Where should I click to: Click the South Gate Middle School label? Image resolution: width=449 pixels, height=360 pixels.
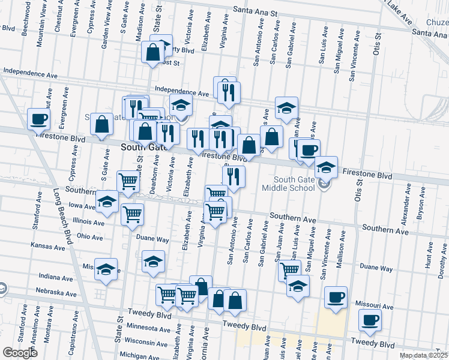pos(294,184)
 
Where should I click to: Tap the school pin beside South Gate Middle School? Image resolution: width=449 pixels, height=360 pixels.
pos(326,167)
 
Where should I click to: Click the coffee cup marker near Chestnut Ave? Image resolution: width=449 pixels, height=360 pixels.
pos(38,118)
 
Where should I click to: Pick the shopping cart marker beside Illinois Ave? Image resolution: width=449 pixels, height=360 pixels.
pos(132,214)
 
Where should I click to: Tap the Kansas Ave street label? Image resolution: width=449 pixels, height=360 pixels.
pos(48,247)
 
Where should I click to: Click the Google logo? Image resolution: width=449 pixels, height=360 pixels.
pos(20,352)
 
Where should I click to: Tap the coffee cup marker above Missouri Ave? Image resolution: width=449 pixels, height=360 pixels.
pos(336,297)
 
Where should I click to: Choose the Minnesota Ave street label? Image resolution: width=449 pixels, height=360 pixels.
pos(148,329)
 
